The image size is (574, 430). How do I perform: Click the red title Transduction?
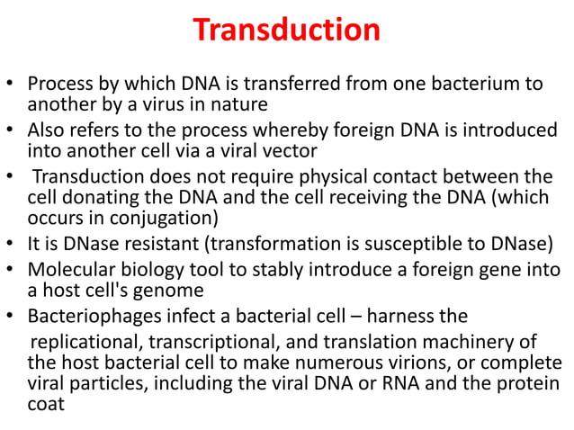click(x=287, y=30)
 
